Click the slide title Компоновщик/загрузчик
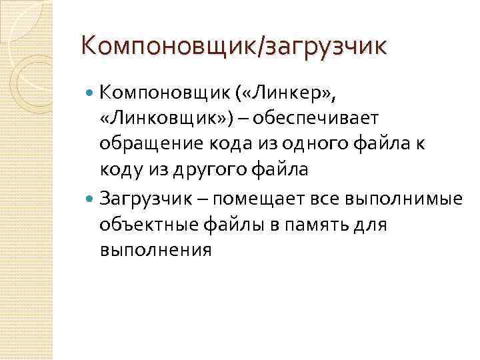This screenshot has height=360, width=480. [x=233, y=46]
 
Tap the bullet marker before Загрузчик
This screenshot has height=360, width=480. [x=91, y=197]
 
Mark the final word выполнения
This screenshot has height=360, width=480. [x=155, y=251]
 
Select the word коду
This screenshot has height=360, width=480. [x=117, y=171]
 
